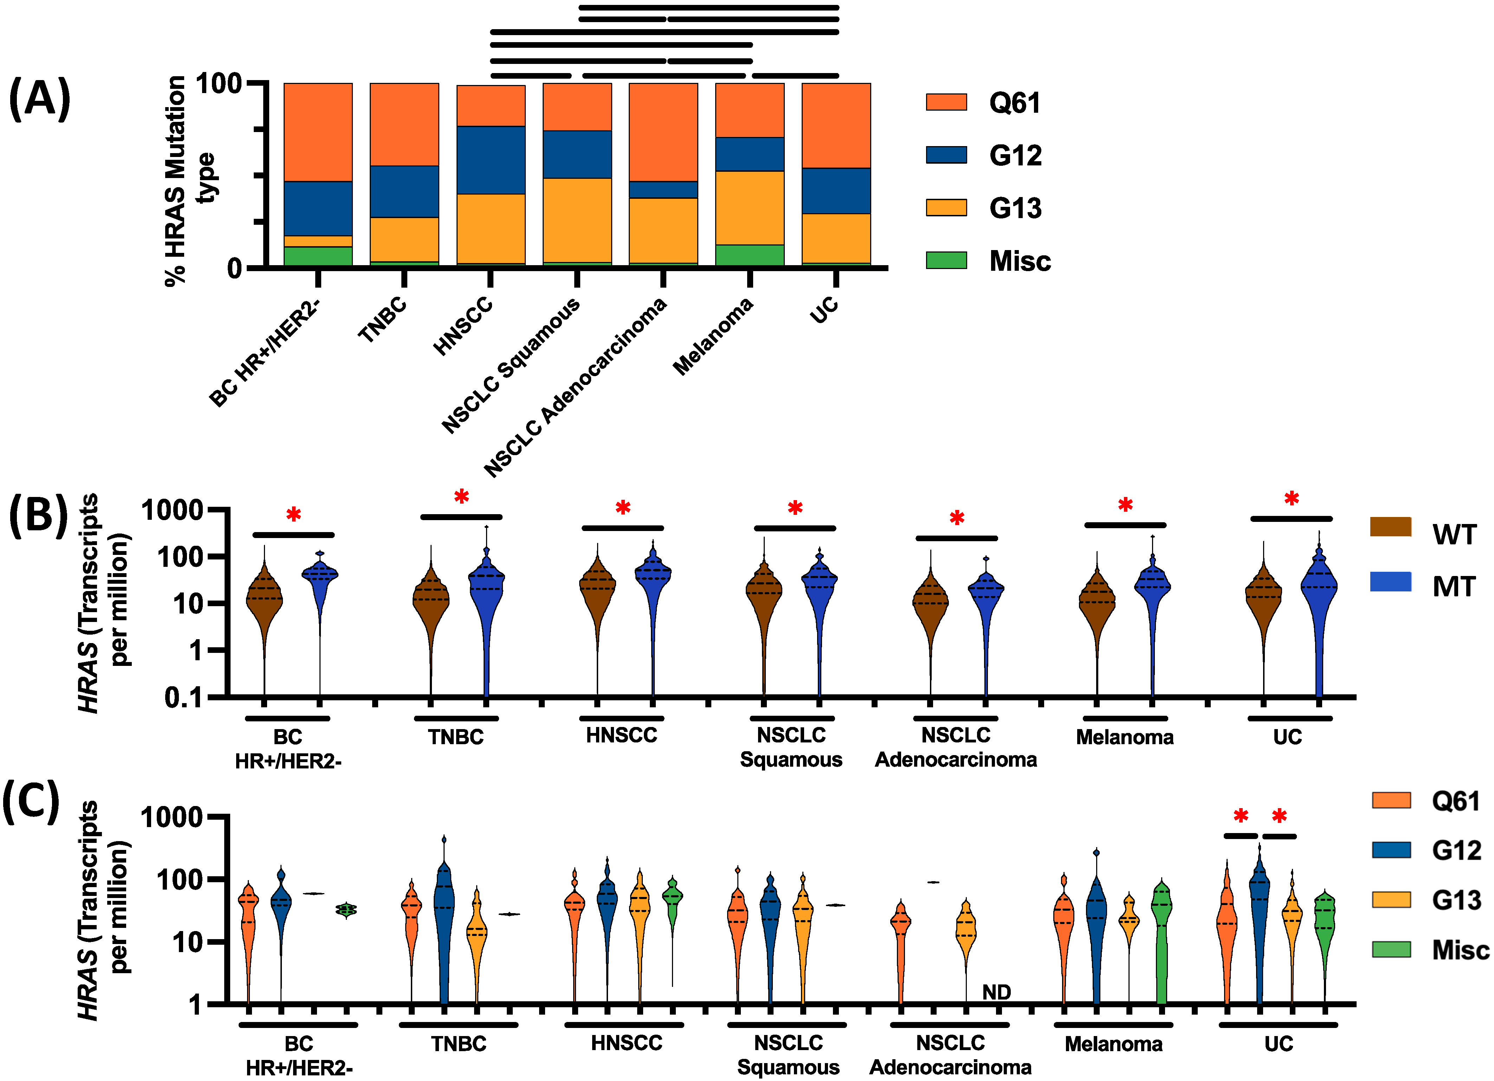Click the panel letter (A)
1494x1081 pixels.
[x=39, y=99]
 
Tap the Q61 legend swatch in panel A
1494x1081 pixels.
[x=946, y=102]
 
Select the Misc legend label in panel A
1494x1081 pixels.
[x=1020, y=261]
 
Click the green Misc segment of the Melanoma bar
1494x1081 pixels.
[x=750, y=255]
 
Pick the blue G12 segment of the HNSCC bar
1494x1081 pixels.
[x=491, y=160]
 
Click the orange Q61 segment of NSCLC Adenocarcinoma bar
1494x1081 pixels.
[x=663, y=132]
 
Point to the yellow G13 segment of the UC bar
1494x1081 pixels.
[x=836, y=238]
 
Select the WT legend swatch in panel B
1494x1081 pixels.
[x=1390, y=527]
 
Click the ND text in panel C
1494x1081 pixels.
[x=996, y=991]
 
